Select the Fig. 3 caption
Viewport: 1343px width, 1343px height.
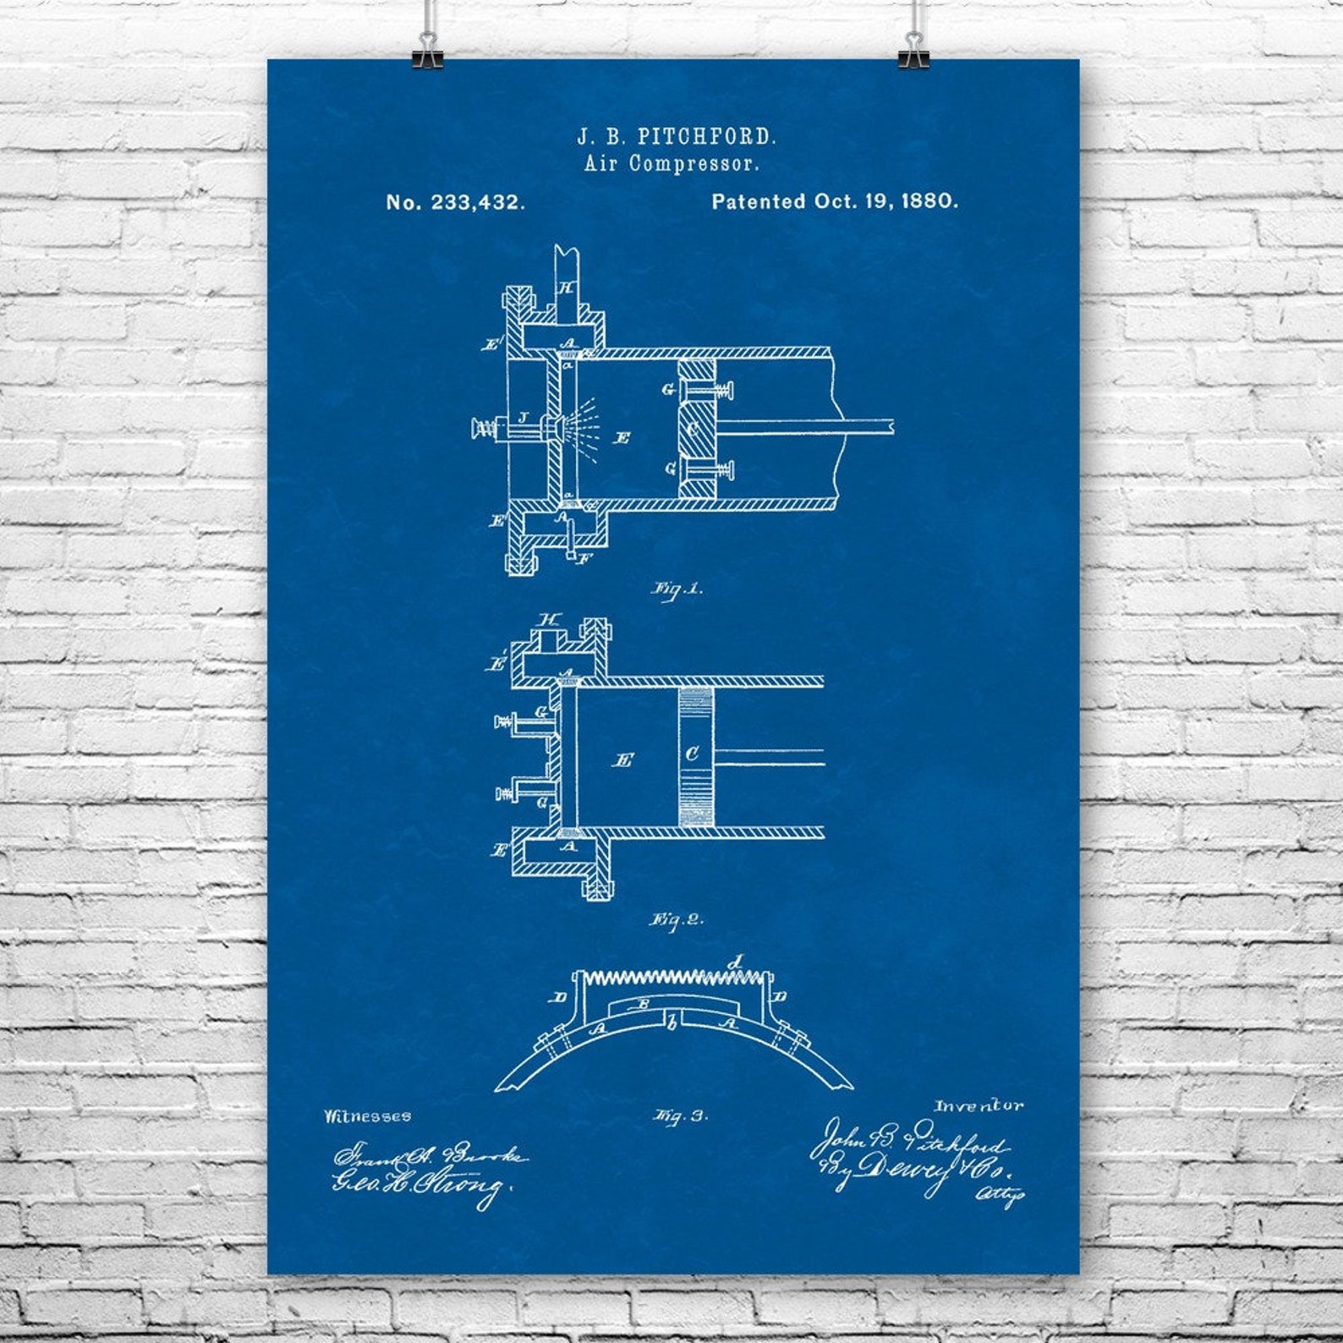coord(679,1116)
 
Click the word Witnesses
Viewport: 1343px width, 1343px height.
coord(367,1116)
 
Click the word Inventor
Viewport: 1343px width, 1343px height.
coord(978,1105)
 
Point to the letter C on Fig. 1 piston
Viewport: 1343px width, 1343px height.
coord(693,429)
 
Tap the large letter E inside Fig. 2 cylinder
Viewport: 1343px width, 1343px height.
coord(625,760)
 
